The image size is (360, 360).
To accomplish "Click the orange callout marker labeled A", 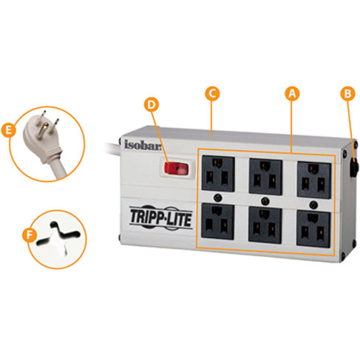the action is (292, 93).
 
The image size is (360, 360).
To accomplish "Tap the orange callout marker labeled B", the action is (347, 93).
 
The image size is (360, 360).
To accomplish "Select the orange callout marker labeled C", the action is (212, 93).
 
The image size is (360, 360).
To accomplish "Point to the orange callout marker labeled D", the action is (152, 105).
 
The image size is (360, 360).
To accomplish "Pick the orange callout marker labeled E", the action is (8, 130).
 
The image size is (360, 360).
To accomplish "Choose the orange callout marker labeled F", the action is (30, 235).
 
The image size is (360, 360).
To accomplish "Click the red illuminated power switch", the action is (177, 169).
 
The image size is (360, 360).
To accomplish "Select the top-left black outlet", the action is (218, 173).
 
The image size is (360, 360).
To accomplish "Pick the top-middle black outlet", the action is (265, 177).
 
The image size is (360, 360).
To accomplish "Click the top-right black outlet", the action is (314, 180).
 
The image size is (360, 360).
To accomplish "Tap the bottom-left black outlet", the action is (217, 222).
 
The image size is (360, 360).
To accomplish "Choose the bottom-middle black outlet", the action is (265, 225).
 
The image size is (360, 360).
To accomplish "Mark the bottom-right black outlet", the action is (313, 228).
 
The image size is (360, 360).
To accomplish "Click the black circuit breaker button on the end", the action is (354, 168).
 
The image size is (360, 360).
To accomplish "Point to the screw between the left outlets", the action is (218, 197).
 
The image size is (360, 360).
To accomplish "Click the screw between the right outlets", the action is (313, 204).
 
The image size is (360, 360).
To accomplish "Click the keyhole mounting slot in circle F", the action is (58, 234).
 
